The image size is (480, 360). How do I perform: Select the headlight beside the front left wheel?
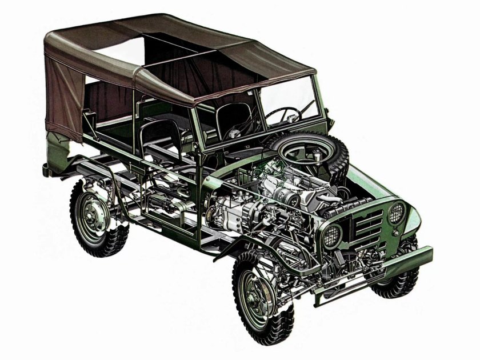332,235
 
